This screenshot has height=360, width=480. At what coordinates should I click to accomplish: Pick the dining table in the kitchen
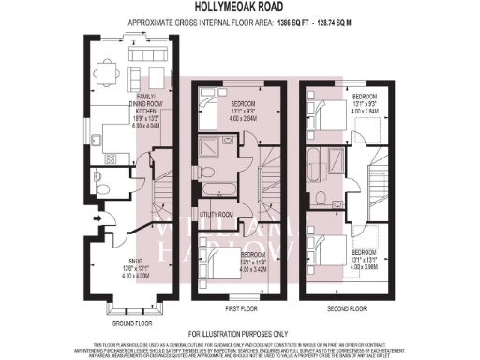click(112, 70)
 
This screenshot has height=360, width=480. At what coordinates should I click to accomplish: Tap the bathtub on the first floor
click(212, 191)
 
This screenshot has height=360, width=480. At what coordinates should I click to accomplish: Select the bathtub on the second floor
click(320, 157)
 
